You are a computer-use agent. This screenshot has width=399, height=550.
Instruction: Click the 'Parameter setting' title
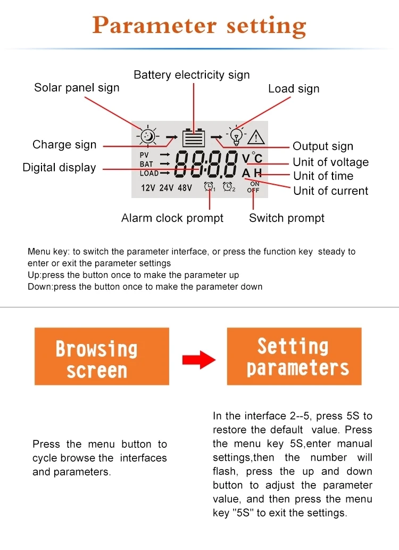[x=199, y=26]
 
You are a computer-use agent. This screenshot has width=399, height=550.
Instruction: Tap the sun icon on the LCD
[x=147, y=136]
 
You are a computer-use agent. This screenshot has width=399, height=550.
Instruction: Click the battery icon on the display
[x=193, y=138]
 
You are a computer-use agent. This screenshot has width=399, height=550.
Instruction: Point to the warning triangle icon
[x=256, y=137]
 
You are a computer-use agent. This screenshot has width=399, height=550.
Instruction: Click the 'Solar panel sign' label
[x=77, y=88]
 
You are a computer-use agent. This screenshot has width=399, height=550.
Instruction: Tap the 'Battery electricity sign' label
[x=192, y=75]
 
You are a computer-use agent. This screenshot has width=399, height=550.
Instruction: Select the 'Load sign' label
[x=294, y=89]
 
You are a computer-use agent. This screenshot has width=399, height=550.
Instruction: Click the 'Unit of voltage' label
[x=330, y=162]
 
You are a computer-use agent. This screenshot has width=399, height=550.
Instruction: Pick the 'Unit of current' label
[x=330, y=191]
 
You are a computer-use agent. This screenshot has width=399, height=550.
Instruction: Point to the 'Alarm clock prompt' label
[x=172, y=218]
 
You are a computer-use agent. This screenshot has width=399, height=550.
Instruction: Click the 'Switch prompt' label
[x=287, y=218]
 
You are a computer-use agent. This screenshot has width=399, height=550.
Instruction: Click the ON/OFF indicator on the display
[x=253, y=187]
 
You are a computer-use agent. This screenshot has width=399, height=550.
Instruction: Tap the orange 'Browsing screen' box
[x=102, y=356]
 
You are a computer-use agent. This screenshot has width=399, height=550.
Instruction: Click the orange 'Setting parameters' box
[x=294, y=356]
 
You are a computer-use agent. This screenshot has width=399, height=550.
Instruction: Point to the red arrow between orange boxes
[x=198, y=360]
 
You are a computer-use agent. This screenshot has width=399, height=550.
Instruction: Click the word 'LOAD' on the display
[x=149, y=173]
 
